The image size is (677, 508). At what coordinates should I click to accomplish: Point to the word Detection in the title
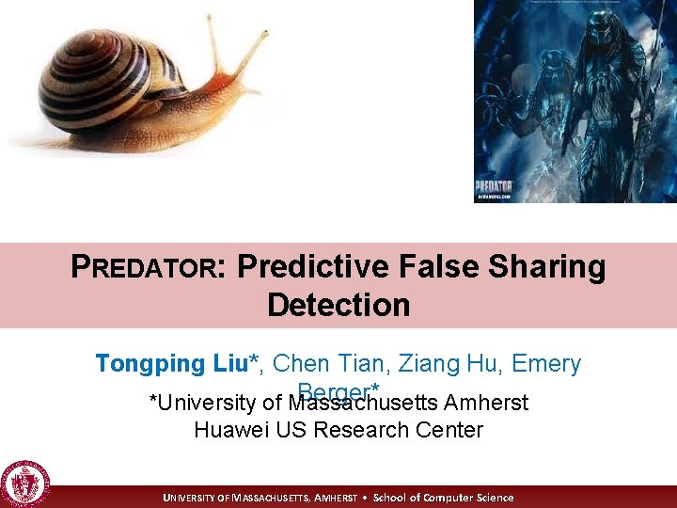point(338,305)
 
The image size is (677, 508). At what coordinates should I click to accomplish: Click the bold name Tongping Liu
point(176,363)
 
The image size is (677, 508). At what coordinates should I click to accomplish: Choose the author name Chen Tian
point(333,363)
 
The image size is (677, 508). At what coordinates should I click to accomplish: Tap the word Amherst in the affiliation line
point(487,403)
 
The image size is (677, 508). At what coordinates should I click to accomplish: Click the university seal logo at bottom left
point(25,484)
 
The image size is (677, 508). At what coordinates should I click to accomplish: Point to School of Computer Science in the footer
point(444,498)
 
